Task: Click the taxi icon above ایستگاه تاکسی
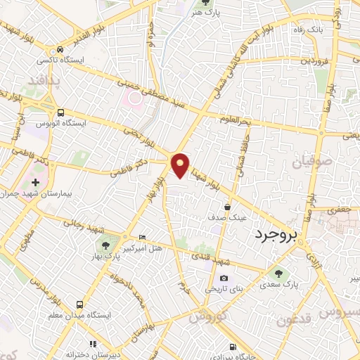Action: click(x=62, y=50)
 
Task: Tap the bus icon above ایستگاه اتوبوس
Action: click(x=60, y=112)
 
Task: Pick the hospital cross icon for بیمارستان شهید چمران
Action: click(x=35, y=182)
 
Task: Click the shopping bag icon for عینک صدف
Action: click(x=229, y=207)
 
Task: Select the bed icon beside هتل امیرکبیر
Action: click(x=143, y=237)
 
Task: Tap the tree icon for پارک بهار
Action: click(x=105, y=245)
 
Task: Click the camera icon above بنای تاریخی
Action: click(x=224, y=278)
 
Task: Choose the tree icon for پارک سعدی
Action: click(x=280, y=273)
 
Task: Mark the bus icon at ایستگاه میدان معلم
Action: click(x=79, y=304)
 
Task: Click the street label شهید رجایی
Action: click(x=83, y=226)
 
